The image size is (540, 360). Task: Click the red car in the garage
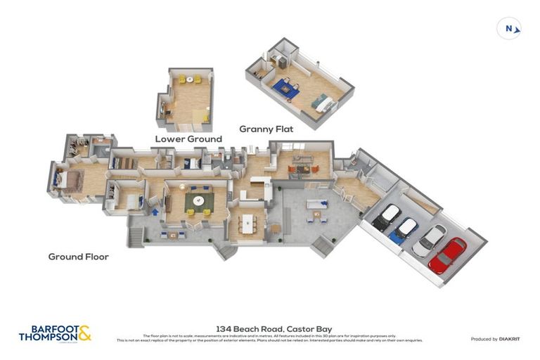click(x=447, y=255)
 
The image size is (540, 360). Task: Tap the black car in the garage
click(x=386, y=218)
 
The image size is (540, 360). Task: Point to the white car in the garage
click(x=429, y=240)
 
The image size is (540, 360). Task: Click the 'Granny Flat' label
click(x=266, y=129)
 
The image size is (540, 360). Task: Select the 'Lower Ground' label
click(x=188, y=139)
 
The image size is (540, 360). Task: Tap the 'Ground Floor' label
click(x=78, y=257)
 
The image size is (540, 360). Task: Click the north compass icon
click(x=509, y=29)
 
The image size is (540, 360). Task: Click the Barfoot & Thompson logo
click(x=55, y=333)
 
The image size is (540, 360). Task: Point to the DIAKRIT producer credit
click(x=495, y=339)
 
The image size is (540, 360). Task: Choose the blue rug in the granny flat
click(x=285, y=88)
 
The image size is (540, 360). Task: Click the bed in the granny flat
click(x=326, y=103)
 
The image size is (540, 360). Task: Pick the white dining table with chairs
click(x=247, y=224)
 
